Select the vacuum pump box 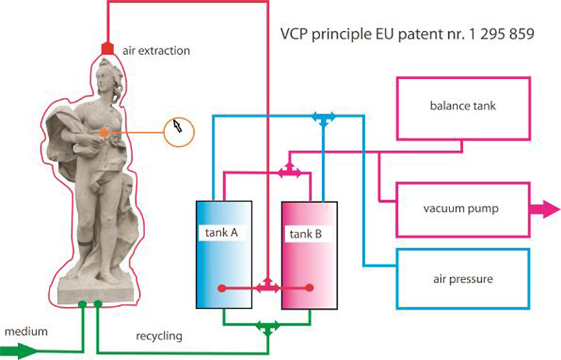(x=463, y=209)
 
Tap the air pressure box (x=463, y=279)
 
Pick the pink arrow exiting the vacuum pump (x=545, y=210)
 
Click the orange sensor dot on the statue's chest (x=104, y=133)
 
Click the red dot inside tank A (x=222, y=288)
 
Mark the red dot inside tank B (x=310, y=288)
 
